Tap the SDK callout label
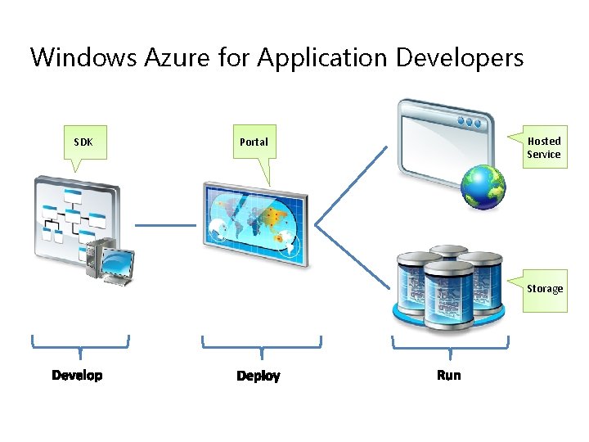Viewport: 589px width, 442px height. pos(83,142)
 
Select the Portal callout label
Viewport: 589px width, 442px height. pos(254,142)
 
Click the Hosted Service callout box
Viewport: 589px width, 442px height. pos(543,147)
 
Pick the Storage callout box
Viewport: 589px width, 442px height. pos(544,288)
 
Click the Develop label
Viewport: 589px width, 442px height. pos(77,375)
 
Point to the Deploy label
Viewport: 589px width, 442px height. pos(259,376)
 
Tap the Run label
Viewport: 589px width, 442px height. pos(449,375)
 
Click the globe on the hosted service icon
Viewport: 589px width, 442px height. pos(483,187)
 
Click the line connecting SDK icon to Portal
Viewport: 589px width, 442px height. pos(165,224)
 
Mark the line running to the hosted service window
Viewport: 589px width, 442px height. pos(352,185)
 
